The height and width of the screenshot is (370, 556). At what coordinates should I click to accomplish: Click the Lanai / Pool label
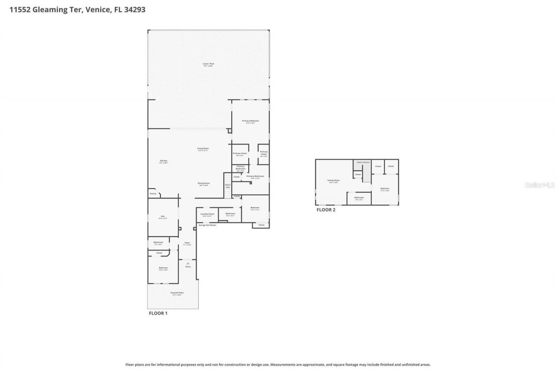click(x=208, y=64)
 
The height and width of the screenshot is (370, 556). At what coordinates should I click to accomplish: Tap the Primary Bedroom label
click(x=251, y=121)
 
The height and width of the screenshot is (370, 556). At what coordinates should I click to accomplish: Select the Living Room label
click(x=203, y=149)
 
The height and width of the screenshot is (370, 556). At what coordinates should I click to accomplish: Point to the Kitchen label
click(x=163, y=161)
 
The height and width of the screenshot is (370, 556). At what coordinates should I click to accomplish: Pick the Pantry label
click(x=152, y=193)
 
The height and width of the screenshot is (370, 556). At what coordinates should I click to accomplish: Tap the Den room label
click(x=163, y=216)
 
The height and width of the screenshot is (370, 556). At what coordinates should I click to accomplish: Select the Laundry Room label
click(x=207, y=214)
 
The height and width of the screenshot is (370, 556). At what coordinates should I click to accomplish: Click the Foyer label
click(x=187, y=243)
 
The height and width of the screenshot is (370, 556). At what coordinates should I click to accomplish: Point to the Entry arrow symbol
click(x=188, y=263)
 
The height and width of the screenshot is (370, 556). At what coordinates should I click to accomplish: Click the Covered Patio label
click(x=177, y=293)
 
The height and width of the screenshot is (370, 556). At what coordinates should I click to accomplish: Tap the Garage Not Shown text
click(x=207, y=225)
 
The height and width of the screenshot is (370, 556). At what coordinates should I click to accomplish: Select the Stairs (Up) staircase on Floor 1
click(x=228, y=186)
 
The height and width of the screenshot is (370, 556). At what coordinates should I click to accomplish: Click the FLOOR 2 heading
click(x=326, y=210)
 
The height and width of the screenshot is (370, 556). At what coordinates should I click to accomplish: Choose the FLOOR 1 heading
click(x=158, y=313)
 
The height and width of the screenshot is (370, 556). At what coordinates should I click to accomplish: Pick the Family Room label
click(x=334, y=180)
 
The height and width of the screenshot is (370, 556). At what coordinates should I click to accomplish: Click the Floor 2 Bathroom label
click(x=359, y=198)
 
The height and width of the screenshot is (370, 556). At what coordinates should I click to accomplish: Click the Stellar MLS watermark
click(x=539, y=185)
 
